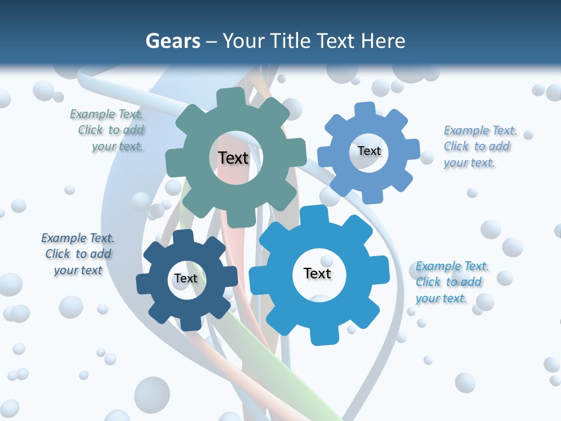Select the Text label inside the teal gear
tap(233, 158)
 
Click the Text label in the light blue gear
tap(369, 151)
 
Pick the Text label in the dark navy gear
tap(185, 278)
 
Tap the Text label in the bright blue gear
tap(317, 273)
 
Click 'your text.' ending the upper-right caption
tap(469, 163)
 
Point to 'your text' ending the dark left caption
tap(78, 270)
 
